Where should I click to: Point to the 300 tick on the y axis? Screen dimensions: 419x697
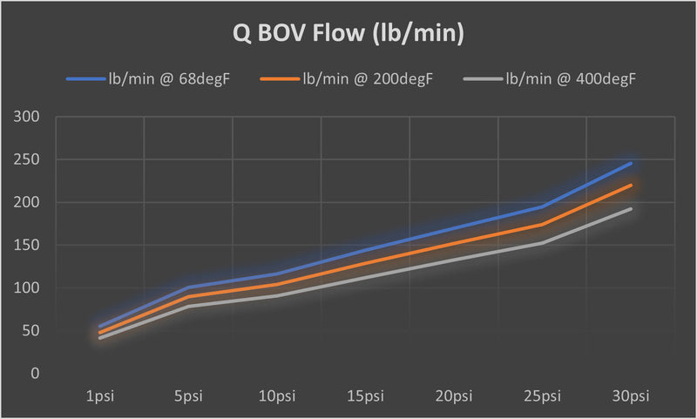click(x=30, y=118)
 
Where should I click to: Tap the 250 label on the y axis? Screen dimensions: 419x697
click(x=30, y=160)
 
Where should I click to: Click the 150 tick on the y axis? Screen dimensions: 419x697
click(x=30, y=246)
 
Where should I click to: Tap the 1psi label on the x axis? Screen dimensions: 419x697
click(x=100, y=397)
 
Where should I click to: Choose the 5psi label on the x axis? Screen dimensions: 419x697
click(x=188, y=397)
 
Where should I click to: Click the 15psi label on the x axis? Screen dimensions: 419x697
click(x=365, y=397)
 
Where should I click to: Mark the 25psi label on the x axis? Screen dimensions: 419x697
click(x=542, y=397)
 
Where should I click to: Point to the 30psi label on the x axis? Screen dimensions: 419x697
click(x=631, y=397)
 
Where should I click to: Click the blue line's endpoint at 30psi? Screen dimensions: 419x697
click(x=631, y=164)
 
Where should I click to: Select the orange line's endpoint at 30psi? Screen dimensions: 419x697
click(x=631, y=185)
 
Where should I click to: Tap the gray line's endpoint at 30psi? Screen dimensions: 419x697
click(x=631, y=209)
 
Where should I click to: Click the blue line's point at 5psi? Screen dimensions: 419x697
click(x=188, y=287)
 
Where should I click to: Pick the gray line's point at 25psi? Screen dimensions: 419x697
click(x=542, y=243)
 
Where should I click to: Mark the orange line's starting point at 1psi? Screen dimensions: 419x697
click(x=100, y=333)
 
